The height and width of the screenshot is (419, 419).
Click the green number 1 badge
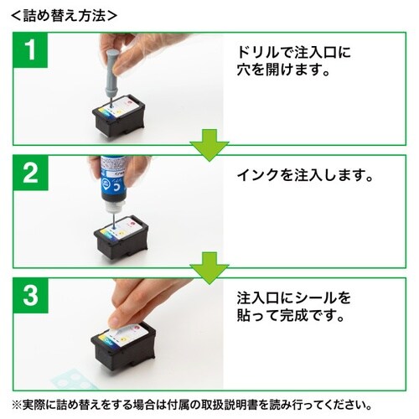pos(30,52)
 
